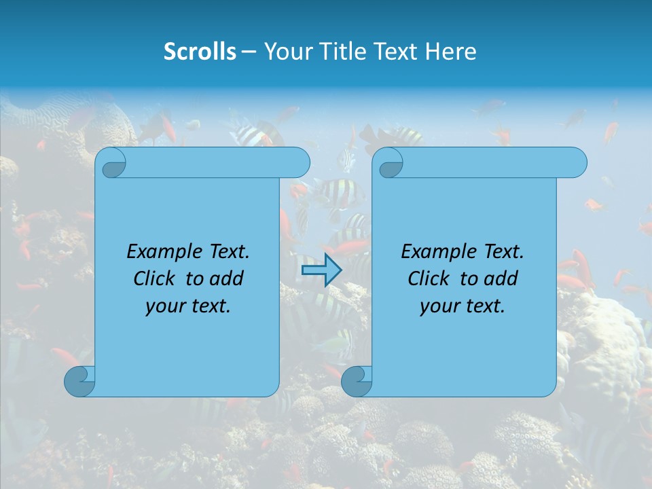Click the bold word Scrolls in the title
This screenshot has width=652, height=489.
[x=200, y=52]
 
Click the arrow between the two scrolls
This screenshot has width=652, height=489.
[x=321, y=270]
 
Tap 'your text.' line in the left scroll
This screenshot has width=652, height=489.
[x=188, y=306]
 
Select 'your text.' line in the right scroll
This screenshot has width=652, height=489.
[x=463, y=306]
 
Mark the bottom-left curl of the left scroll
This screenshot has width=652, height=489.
[x=79, y=381]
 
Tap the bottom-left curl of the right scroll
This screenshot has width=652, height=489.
[x=357, y=381]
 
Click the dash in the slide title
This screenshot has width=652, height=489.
[x=249, y=52]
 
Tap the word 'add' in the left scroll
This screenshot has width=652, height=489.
[x=227, y=278]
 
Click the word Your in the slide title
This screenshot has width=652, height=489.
[x=285, y=52]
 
